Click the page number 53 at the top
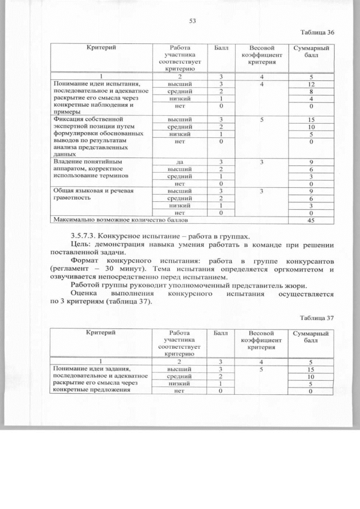(x=192, y=21)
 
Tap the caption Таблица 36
(x=317, y=33)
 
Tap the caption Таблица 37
(x=317, y=318)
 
